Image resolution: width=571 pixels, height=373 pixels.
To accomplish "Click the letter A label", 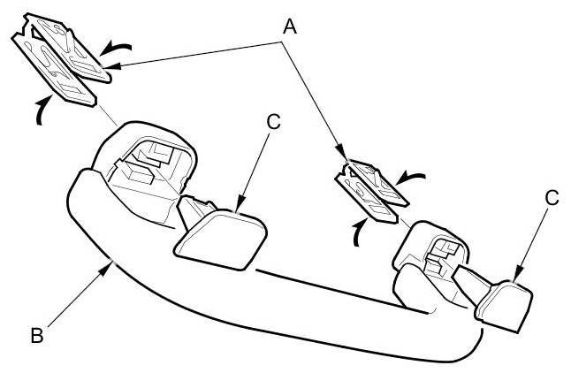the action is [288, 26].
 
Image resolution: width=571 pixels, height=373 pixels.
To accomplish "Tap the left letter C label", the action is [273, 122].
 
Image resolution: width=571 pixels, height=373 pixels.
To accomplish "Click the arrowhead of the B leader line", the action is [110, 262].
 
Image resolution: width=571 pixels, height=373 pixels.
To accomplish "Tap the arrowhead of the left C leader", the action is [237, 208].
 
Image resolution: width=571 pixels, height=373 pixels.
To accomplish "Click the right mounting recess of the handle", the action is [433, 252].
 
